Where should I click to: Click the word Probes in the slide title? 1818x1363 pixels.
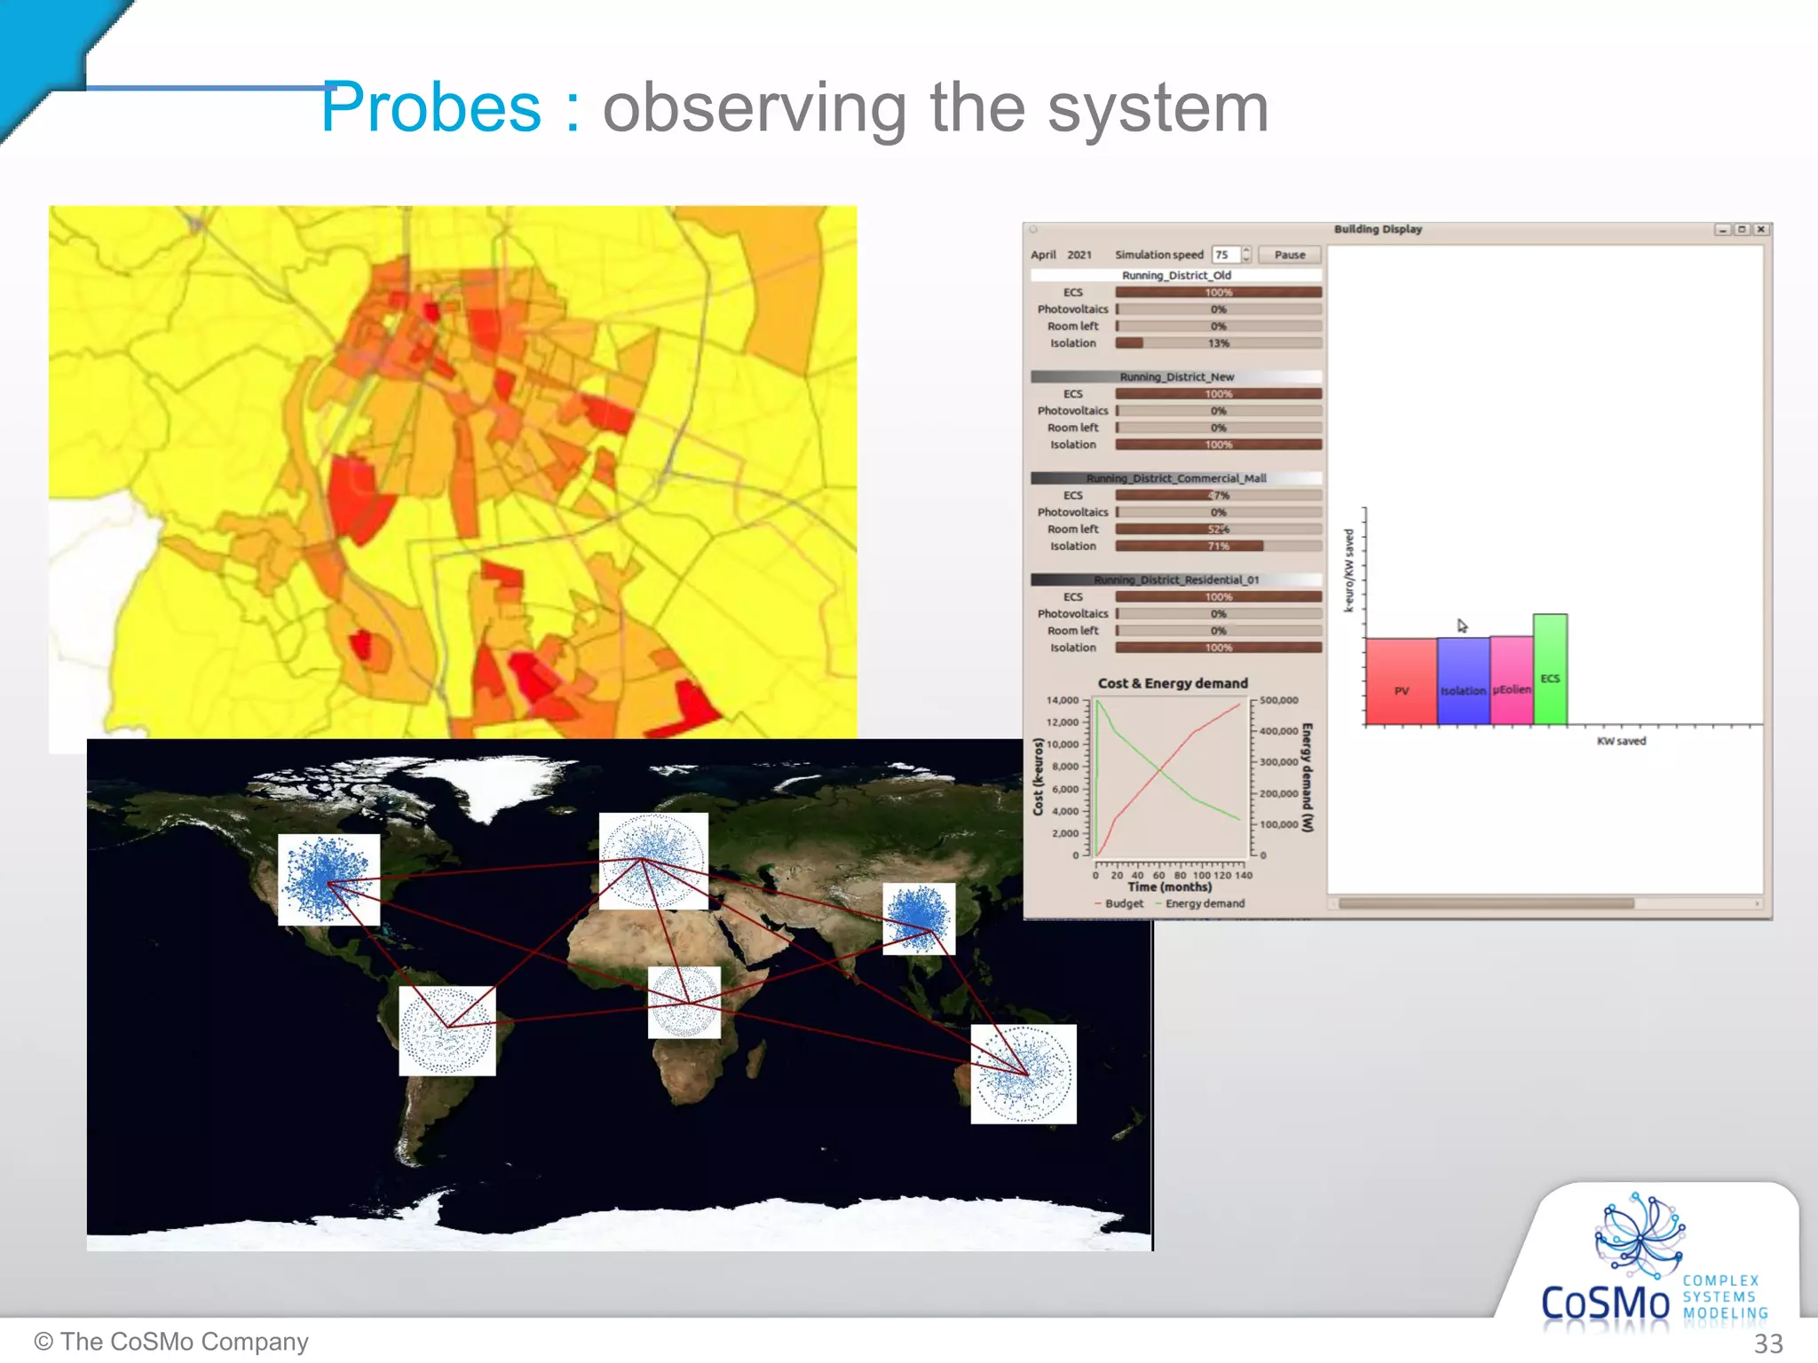pos(431,107)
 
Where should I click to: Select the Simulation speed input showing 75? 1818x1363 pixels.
pos(1225,255)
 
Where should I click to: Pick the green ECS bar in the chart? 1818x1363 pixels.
pos(1550,669)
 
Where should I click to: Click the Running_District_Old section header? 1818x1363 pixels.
pos(1176,275)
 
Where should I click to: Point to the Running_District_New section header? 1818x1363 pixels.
pos(1176,377)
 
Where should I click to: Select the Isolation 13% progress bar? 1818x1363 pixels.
pos(1218,343)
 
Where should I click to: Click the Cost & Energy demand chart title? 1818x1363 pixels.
pos(1173,683)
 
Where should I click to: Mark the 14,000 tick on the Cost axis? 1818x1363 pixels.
pos(1062,700)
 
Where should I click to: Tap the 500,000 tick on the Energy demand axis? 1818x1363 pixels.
pos(1278,700)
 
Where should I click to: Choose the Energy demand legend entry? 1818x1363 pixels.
pos(1204,903)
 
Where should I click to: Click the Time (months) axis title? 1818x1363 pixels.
pos(1169,886)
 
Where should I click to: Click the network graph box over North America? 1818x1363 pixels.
pos(328,879)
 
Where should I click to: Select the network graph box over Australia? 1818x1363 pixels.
pos(1023,1074)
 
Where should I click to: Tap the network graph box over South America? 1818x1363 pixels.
pos(447,1030)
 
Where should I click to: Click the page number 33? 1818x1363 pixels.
pos(1767,1343)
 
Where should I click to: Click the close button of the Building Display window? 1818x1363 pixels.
pos(1761,230)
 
